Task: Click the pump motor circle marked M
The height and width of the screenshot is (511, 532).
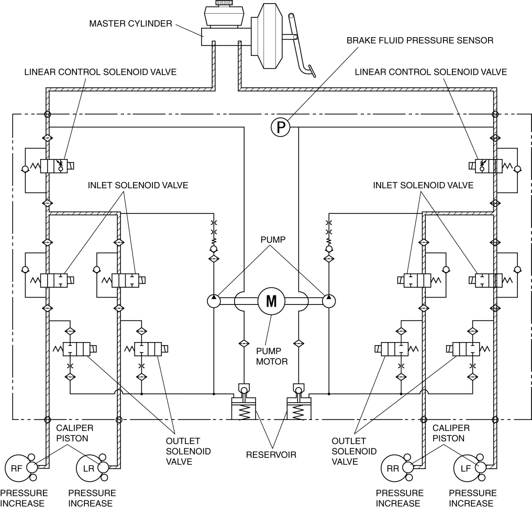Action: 271,301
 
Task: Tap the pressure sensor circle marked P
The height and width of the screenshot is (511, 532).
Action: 281,127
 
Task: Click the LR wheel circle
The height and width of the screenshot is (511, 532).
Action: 88,468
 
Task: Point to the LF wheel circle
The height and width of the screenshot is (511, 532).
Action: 465,468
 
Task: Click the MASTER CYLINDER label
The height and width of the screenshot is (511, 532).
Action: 130,24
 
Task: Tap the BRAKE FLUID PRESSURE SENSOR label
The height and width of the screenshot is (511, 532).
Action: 420,40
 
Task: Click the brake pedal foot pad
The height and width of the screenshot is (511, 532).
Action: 312,71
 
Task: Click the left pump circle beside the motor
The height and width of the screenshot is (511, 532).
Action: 214,301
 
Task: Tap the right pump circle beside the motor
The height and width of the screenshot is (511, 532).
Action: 329,301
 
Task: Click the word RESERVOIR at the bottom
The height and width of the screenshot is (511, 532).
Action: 271,455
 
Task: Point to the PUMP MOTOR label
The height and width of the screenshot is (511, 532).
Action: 272,356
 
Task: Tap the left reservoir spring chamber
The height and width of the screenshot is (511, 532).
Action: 243,408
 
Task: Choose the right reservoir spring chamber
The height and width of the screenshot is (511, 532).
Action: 299,408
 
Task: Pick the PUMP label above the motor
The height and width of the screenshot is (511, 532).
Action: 273,240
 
